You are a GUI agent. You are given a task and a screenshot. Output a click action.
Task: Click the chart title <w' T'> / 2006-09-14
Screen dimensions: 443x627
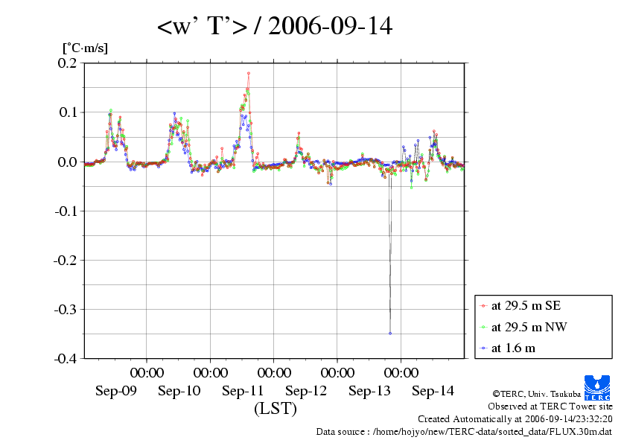(275, 27)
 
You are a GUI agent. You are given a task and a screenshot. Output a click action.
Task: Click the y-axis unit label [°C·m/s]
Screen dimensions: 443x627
(84, 48)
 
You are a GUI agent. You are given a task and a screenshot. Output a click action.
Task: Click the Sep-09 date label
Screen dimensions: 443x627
(116, 391)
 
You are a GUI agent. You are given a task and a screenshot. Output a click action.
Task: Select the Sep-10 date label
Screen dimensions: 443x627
(179, 391)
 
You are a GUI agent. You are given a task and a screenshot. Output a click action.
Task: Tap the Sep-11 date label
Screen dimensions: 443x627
(243, 391)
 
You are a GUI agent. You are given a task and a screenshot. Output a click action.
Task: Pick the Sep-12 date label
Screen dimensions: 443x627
(306, 391)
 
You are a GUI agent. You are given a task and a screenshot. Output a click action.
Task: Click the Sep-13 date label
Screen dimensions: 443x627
(369, 391)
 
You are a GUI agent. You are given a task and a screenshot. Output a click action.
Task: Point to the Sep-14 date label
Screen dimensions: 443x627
(433, 391)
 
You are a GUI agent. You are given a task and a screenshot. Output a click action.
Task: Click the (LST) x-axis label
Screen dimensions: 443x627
(276, 408)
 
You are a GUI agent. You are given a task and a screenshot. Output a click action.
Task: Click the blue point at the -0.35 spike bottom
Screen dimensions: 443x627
(390, 333)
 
